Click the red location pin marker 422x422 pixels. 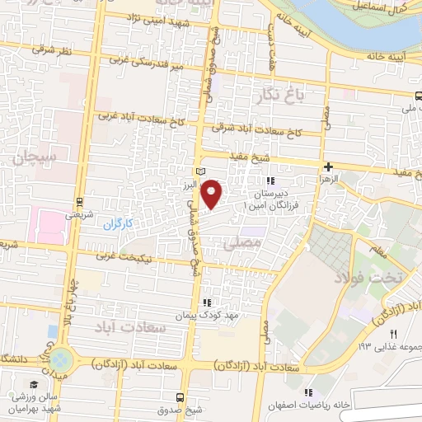[x=213, y=194]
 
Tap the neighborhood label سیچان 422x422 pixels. [x=34, y=154]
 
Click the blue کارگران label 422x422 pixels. [x=118, y=224]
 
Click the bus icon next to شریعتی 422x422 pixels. [x=79, y=201]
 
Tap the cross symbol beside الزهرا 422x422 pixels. [x=328, y=166]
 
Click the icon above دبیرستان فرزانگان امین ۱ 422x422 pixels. [x=270, y=181]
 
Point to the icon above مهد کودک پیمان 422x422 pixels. [x=207, y=302]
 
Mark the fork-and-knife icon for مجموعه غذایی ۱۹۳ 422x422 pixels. [x=394, y=333]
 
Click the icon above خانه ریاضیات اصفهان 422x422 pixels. [x=308, y=393]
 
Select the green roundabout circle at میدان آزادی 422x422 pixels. [x=60, y=359]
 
